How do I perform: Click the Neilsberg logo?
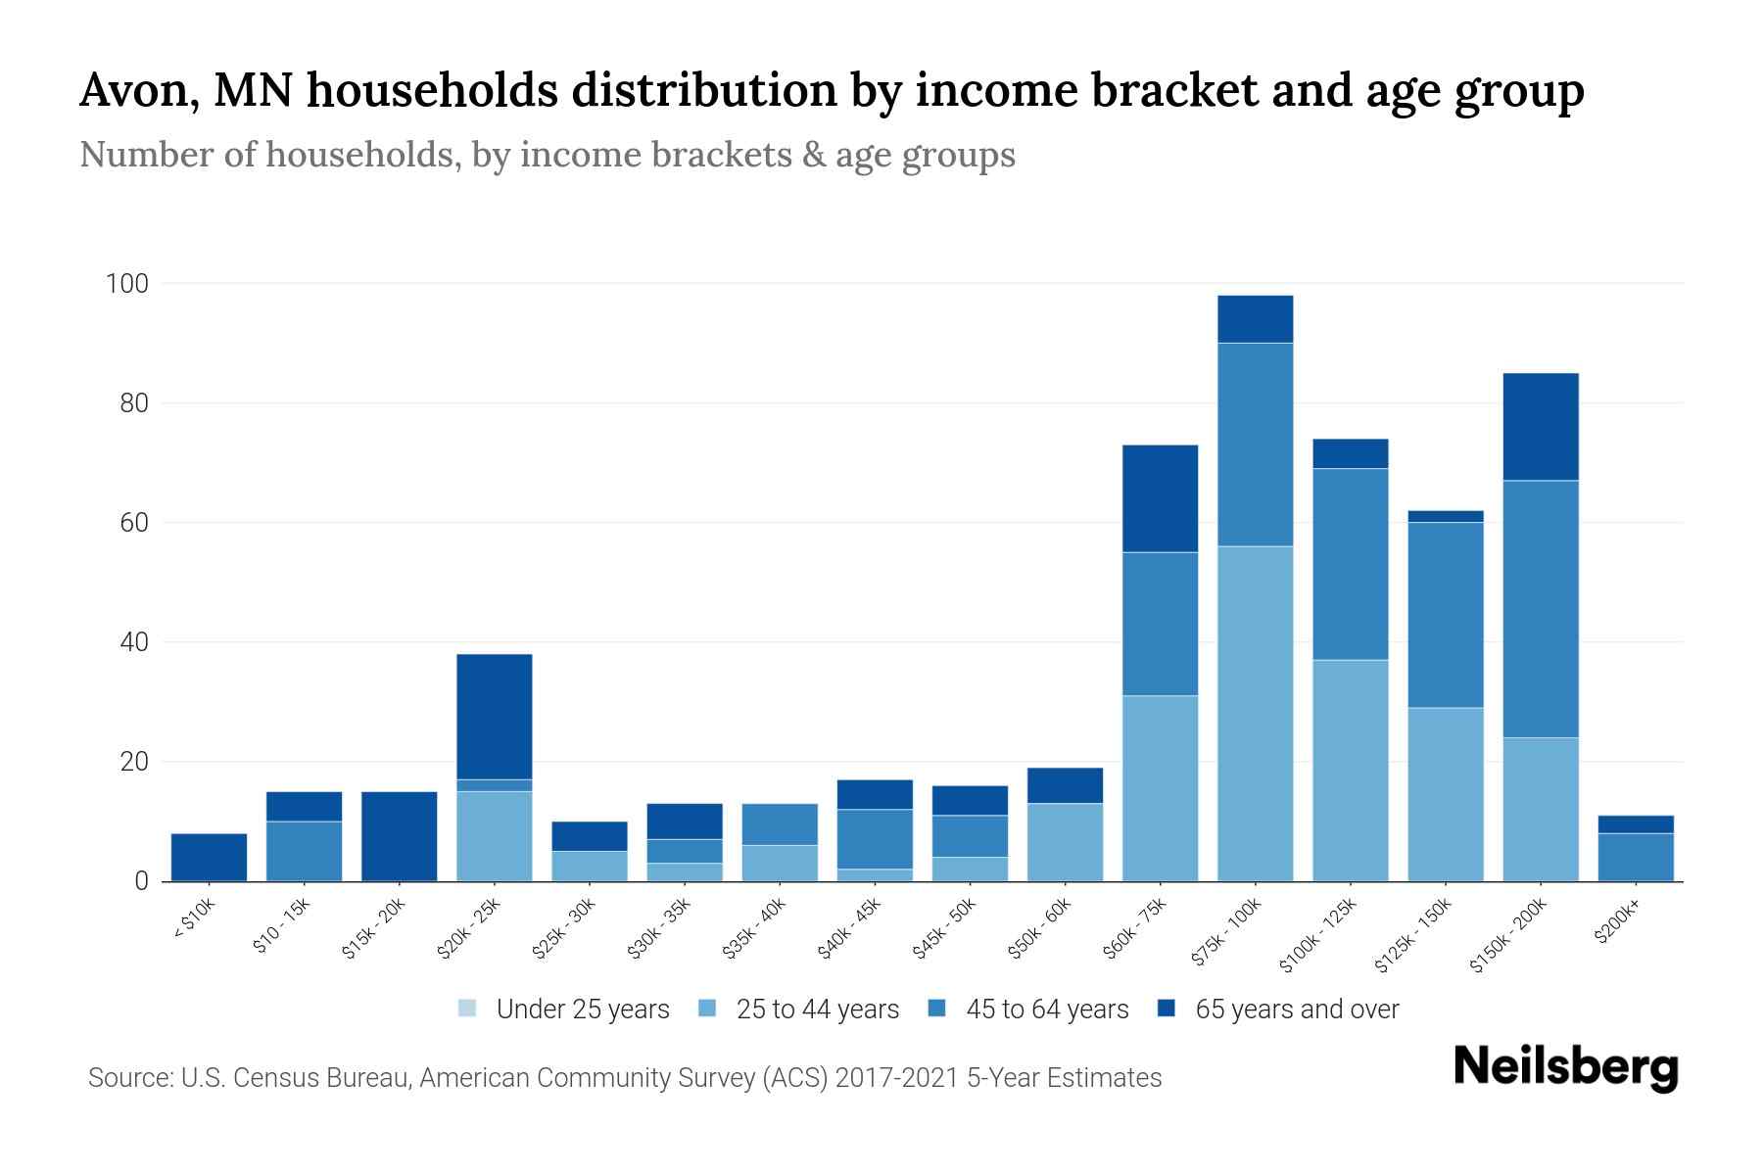point(1565,1067)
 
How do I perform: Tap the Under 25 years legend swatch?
point(467,1009)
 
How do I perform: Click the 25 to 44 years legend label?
point(817,1010)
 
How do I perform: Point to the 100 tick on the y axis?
point(127,284)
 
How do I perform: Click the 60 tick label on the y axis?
point(134,523)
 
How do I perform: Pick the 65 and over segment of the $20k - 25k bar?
point(495,716)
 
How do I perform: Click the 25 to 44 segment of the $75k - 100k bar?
point(1255,713)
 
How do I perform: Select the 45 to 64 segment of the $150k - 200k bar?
point(1541,608)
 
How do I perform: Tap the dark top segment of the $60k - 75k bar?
point(1160,498)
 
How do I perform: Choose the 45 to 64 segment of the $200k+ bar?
point(1636,857)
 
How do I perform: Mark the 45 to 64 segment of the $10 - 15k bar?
point(305,851)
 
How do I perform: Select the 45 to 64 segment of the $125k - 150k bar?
point(1446,614)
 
